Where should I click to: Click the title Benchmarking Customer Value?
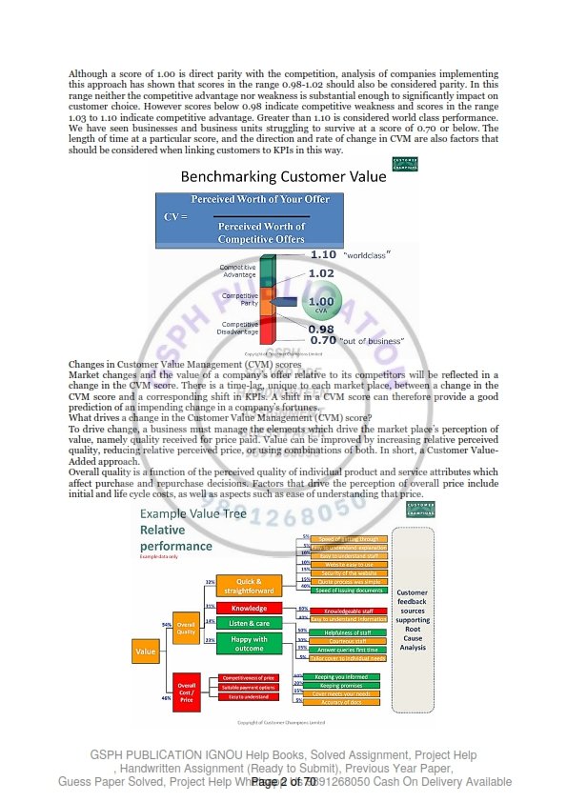(x=271, y=176)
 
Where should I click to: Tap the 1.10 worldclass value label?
(x=324, y=255)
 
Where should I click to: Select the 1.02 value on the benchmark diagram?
(x=321, y=273)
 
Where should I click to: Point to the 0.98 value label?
(x=320, y=329)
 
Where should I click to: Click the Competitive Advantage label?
(x=237, y=271)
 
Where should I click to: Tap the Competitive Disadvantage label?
(x=237, y=328)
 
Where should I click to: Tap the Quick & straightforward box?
(x=250, y=585)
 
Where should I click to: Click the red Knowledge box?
(x=250, y=608)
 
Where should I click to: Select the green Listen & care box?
(x=250, y=623)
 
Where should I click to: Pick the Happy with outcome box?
(x=250, y=643)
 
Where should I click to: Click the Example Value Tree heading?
(x=186, y=514)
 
